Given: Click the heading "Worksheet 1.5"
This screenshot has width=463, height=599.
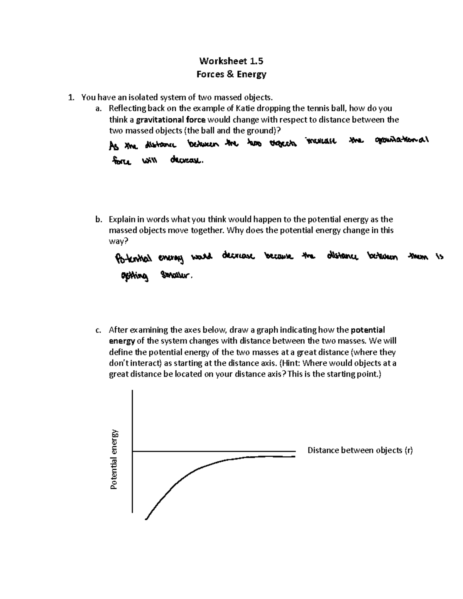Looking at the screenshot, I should (x=231, y=61).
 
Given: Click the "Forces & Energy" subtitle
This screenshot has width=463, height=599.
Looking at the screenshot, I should (x=231, y=74).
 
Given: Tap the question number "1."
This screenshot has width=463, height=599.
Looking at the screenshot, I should (x=71, y=98).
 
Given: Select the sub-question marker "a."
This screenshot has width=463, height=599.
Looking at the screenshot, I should (x=98, y=108).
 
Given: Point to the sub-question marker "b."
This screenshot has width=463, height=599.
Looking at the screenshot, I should (x=98, y=219).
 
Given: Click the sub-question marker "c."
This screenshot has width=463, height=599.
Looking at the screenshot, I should (x=98, y=330).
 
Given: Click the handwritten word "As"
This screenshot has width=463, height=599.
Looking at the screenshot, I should (x=113, y=146).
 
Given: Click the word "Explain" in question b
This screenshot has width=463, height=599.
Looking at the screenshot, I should (x=122, y=219).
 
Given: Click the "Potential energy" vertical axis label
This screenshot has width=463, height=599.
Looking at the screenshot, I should (x=114, y=459).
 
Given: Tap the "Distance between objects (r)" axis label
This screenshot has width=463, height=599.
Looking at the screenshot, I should (x=360, y=450).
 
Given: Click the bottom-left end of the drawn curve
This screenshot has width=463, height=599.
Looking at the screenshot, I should (x=146, y=519).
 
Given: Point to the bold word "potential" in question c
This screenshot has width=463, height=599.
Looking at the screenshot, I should (x=368, y=330).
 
